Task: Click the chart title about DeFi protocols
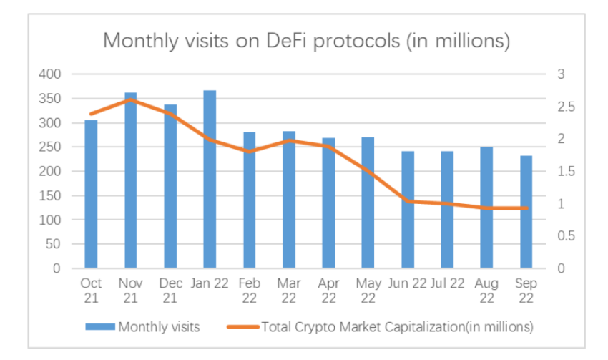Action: [306, 40]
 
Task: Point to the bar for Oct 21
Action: [91, 194]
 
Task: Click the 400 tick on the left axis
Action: [56, 74]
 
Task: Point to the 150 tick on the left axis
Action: [56, 195]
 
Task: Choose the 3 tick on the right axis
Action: [561, 74]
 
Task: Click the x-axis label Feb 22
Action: [249, 290]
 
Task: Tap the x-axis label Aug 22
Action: [486, 290]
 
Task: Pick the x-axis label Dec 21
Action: [170, 290]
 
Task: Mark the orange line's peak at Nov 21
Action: [130, 100]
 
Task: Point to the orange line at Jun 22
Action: [407, 201]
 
